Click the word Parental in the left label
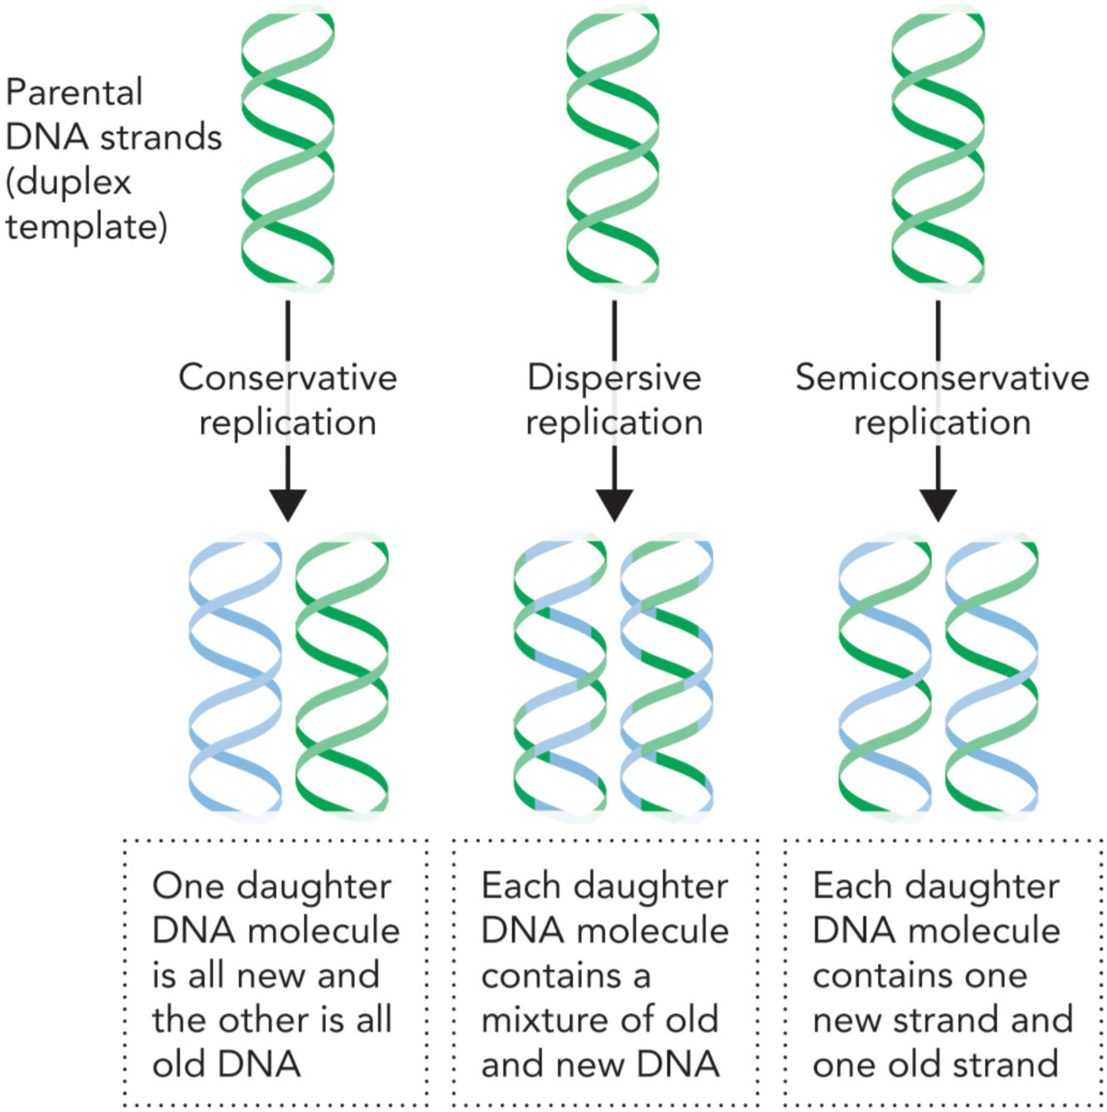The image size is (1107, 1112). click(74, 92)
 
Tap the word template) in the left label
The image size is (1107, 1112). click(86, 227)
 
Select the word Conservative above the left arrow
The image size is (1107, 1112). click(288, 378)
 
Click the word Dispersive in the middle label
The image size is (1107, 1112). click(614, 378)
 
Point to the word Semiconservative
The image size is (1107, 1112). click(942, 378)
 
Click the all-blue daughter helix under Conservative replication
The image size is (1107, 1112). click(236, 677)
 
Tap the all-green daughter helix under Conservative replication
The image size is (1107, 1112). click(342, 677)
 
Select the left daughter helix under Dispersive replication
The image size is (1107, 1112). click(560, 677)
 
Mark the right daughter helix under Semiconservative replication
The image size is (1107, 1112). click(992, 677)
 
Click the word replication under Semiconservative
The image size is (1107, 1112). click(942, 423)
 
